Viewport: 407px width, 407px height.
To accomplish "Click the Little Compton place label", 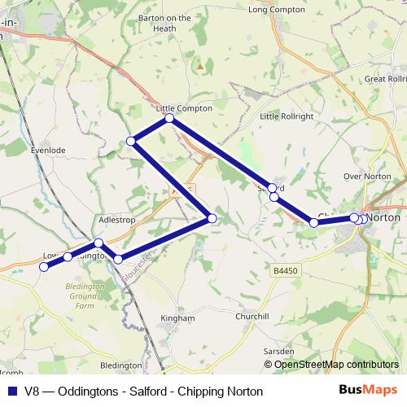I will coord(184,108).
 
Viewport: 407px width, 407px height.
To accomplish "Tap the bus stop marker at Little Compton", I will coord(169,119).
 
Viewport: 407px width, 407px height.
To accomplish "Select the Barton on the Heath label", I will coord(164,23).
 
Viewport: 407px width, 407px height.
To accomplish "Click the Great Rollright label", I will coord(386,79).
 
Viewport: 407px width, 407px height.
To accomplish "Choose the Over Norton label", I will coord(362,176).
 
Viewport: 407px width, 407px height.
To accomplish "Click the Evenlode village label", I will coord(47,151).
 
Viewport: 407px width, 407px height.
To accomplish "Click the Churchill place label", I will coord(251,316).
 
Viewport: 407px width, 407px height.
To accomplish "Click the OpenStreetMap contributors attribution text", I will coord(336,365).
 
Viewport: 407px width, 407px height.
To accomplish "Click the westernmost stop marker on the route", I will coord(44,266).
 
